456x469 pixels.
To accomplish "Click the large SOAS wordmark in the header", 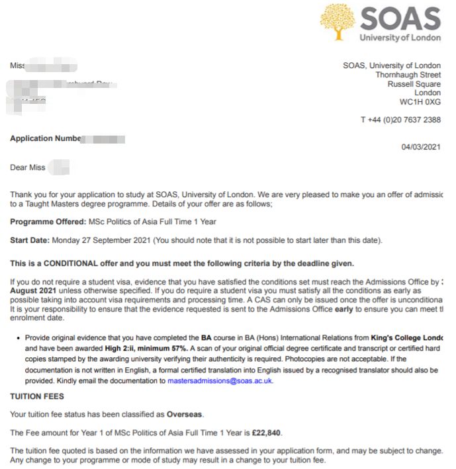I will [x=400, y=19].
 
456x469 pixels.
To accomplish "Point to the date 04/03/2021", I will [x=421, y=147].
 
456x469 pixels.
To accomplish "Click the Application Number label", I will [x=45, y=139].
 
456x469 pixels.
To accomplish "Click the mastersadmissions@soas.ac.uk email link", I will [x=220, y=381].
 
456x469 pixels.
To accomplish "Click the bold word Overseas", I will [x=185, y=414].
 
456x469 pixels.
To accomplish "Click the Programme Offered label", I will [x=47, y=221].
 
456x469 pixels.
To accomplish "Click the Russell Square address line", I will [x=414, y=85].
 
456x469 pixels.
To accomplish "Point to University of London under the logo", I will [x=400, y=38].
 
